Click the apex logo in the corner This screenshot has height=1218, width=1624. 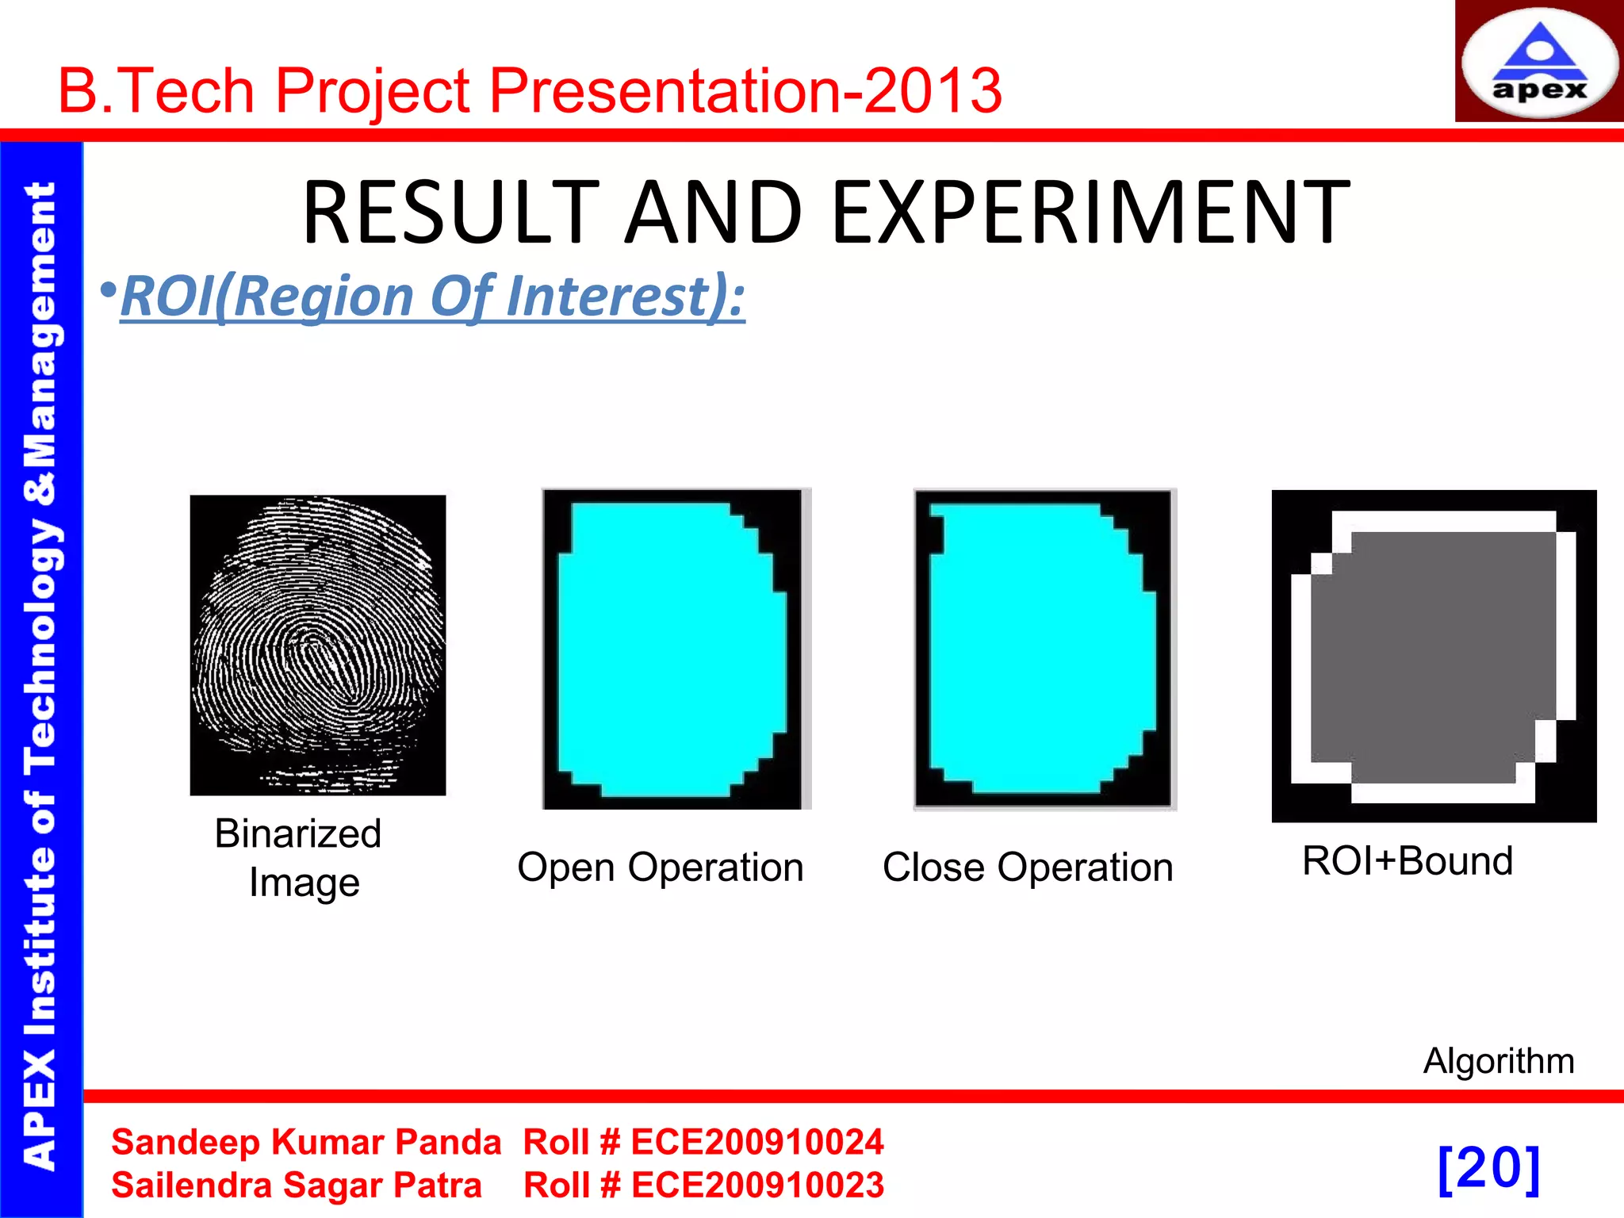coord(1539,62)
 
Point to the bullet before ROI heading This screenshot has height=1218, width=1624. coord(109,291)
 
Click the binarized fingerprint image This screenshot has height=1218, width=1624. coord(318,645)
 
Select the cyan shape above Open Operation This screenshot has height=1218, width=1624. coord(672,649)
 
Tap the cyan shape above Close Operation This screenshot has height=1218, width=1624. coord(1043,649)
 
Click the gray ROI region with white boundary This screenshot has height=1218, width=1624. coord(1434,657)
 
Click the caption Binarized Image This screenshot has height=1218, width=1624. coord(300,857)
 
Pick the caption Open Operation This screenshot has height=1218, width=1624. coord(660,867)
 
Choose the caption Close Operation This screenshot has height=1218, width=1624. coord(1028,867)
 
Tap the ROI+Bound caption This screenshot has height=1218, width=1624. coord(1408,860)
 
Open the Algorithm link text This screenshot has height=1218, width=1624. coord(1498,1060)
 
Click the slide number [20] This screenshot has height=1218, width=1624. coord(1488,1168)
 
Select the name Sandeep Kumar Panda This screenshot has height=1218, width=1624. coord(306,1142)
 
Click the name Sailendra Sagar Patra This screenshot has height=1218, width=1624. coord(297,1185)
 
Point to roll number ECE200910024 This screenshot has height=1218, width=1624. coord(757,1142)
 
